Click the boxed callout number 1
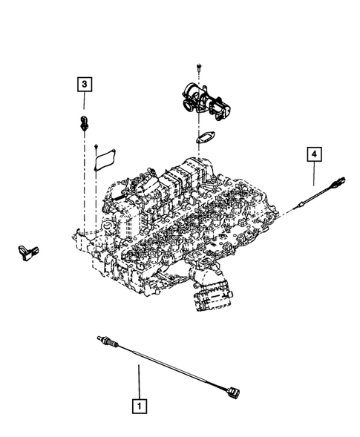point(137,406)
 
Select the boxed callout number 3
point(85,85)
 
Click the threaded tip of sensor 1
point(102,341)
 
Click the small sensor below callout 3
point(83,122)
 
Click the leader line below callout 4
point(315,175)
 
